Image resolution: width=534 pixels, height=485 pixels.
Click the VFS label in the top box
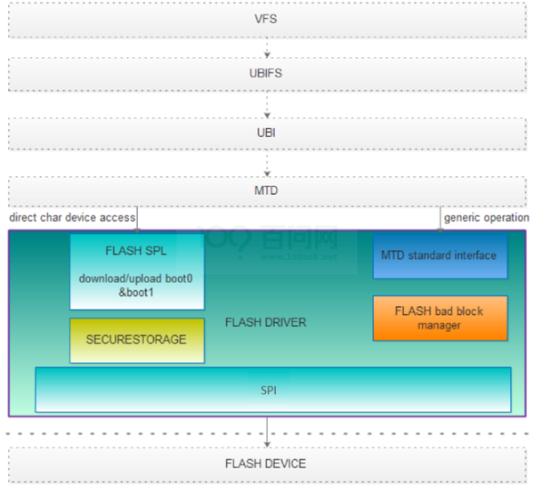pos(265,19)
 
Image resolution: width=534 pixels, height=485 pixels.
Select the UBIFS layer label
pos(265,73)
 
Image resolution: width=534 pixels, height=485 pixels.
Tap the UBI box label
pos(266,133)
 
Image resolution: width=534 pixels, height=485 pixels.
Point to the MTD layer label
pos(266,190)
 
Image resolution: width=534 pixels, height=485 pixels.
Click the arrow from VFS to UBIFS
pos(267,47)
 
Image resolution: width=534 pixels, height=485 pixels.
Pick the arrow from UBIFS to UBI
pos(267,104)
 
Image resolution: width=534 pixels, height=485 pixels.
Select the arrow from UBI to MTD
pos(267,163)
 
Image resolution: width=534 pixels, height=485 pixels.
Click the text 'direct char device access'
pos(72,217)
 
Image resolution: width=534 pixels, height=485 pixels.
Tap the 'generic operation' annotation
pos(486,218)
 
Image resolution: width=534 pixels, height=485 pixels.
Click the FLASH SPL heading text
pos(136,251)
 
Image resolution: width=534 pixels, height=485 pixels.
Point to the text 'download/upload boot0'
pos(136,279)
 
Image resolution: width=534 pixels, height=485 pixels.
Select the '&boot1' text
pos(136,292)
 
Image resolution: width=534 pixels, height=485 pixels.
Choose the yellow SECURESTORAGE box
pos(137,341)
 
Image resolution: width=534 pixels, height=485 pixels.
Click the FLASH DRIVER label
pos(265,322)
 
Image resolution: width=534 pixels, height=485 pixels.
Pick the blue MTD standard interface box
pos(440,256)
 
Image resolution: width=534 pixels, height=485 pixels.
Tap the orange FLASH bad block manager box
pos(440,318)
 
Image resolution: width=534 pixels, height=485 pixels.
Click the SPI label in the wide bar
pos(269,391)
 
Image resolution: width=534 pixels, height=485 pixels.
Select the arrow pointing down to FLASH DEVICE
pos(267,432)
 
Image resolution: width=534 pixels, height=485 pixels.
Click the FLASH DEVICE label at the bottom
pos(265,464)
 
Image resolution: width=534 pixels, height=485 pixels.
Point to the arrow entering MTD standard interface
pos(440,220)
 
